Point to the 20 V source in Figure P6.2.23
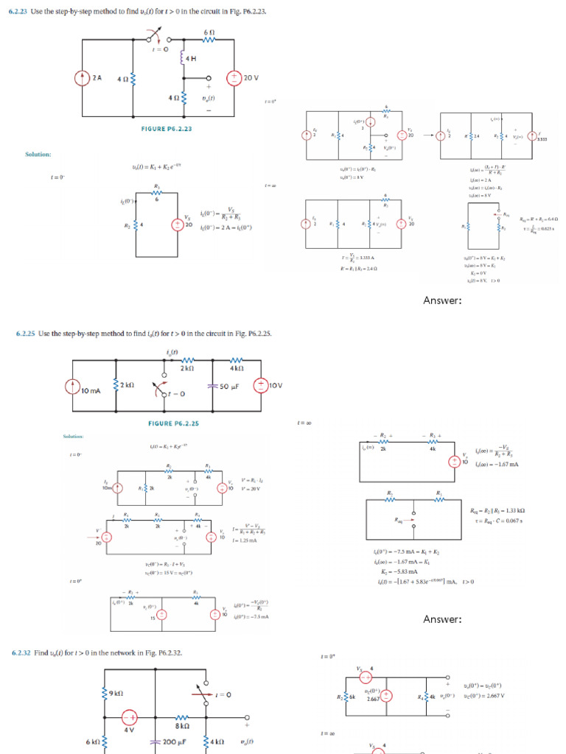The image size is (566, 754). pos(235,78)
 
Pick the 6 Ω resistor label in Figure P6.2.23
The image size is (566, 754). pos(209,33)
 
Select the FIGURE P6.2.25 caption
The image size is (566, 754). pos(173,423)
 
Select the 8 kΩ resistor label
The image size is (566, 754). pos(184,725)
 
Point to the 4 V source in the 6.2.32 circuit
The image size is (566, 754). pos(130,719)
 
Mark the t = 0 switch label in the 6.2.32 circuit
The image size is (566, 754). pos(223,694)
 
